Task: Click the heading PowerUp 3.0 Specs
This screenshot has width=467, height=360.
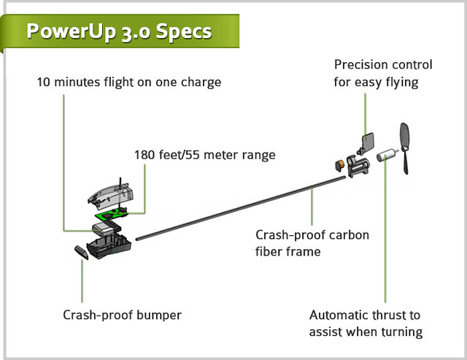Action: [x=119, y=32]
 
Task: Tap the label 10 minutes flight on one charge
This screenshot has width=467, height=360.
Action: [x=128, y=82]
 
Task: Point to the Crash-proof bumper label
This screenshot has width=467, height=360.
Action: [x=122, y=315]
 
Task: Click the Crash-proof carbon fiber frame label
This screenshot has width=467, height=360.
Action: [x=312, y=243]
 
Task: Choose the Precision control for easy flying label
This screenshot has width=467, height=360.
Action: [x=383, y=74]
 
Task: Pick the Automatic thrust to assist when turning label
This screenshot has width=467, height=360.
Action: [x=366, y=323]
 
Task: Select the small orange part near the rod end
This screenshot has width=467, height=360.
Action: [x=339, y=162]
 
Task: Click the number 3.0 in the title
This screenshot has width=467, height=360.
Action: [x=132, y=32]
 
